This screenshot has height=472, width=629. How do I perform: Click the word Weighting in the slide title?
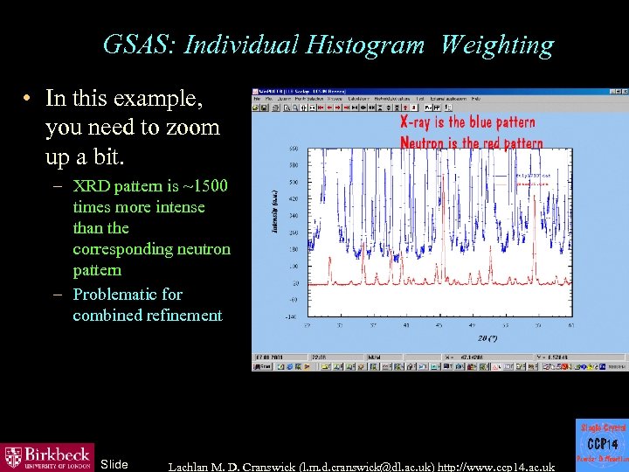(497, 45)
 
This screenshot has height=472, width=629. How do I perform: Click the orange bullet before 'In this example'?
(29, 101)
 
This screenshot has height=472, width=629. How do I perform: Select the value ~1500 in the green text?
(201, 186)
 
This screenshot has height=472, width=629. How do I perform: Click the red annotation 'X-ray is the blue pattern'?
(467, 122)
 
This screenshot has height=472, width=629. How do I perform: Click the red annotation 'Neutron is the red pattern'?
(471, 142)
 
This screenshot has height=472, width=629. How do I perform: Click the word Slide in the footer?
(114, 464)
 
